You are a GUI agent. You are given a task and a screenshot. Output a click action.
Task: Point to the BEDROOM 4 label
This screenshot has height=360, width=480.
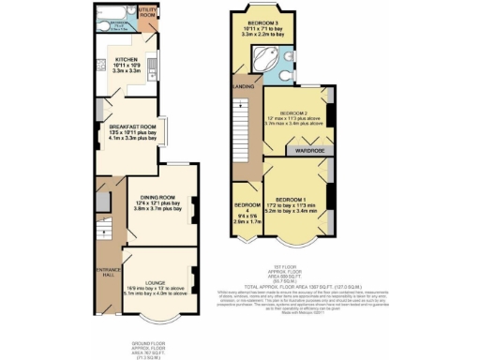click(x=247, y=212)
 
